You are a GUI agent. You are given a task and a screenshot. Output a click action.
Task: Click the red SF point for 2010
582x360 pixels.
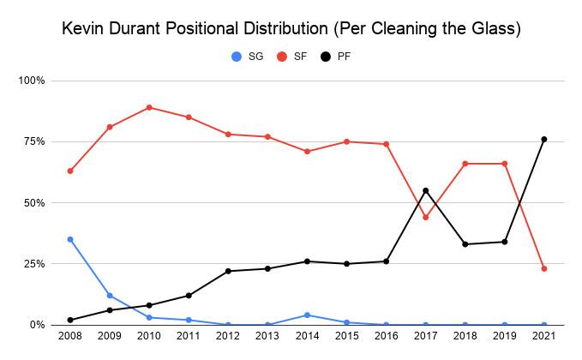point(149,107)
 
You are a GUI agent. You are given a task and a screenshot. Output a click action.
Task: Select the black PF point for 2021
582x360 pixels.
point(543,139)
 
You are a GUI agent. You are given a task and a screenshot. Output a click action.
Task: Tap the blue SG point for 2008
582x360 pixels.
point(70,239)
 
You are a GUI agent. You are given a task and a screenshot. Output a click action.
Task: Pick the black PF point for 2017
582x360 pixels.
point(426,190)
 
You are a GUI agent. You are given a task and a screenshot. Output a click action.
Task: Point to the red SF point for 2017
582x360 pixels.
point(426,217)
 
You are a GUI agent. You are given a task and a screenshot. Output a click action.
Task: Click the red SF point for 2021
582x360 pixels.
point(543,268)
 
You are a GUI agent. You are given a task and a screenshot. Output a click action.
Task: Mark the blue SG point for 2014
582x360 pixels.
point(307,315)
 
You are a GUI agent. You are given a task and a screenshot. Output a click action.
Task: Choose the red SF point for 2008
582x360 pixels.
point(70,171)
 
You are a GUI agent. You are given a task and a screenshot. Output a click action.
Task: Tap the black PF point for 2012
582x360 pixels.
point(228,271)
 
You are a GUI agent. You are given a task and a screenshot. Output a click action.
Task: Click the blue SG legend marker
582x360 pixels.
point(237,57)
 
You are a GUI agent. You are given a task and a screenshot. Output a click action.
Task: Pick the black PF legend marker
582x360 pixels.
point(326,57)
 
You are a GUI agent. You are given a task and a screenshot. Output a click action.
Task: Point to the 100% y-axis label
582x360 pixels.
point(33,81)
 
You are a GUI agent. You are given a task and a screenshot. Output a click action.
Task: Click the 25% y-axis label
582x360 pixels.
point(35,264)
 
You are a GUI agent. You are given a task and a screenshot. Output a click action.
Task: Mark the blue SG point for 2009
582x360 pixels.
point(110,296)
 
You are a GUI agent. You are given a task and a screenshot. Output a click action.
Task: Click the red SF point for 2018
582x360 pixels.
point(465,163)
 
